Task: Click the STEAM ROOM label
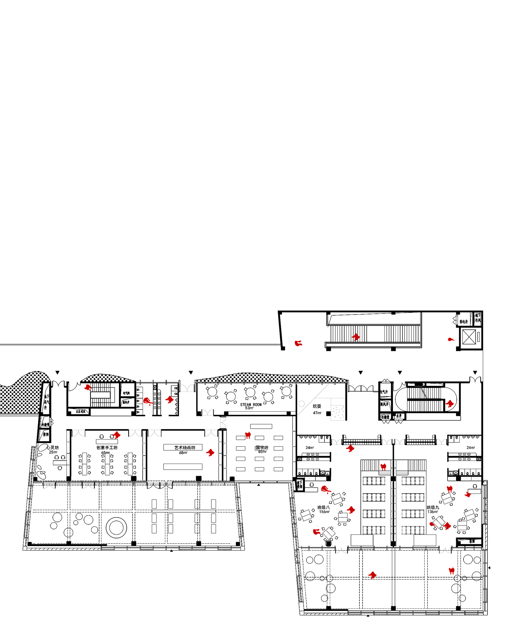pos(251,404)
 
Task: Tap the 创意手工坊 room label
pos(107,447)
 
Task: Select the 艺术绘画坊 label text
pos(185,447)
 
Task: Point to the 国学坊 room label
pos(262,447)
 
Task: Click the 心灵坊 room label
pos(53,447)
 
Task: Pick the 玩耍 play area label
pos(317,406)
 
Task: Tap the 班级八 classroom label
pos(323,507)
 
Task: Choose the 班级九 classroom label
pos(433,507)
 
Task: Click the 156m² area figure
pos(324,512)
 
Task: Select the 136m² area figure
pos(433,512)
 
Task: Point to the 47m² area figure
pos(317,413)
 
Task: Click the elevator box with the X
pos(469,337)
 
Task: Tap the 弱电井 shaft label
pos(463,322)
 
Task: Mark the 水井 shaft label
pos(399,416)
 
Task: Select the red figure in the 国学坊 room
pos(248,435)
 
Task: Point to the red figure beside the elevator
pos(451,339)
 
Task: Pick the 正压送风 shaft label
pos(80,412)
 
